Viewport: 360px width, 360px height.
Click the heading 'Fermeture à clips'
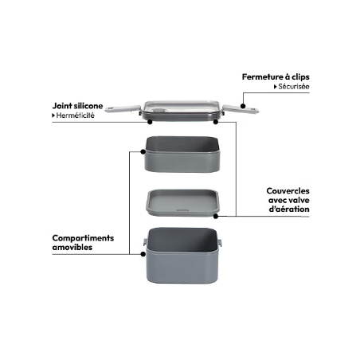click(x=276, y=77)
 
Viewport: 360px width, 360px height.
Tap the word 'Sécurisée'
click(x=294, y=87)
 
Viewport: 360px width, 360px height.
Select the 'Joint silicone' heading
click(x=77, y=106)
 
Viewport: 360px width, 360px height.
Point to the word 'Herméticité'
click(x=76, y=115)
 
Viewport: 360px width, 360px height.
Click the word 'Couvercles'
click(x=288, y=191)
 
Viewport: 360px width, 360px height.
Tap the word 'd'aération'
click(x=289, y=209)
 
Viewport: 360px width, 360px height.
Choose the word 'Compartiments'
click(x=83, y=238)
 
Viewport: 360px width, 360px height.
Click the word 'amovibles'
click(x=72, y=247)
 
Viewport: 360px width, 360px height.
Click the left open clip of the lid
click(x=123, y=108)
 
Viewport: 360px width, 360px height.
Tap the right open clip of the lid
click(x=241, y=109)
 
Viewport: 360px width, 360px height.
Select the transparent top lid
click(x=182, y=111)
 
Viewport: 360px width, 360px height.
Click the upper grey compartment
click(x=182, y=155)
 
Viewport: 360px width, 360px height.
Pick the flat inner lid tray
click(x=183, y=202)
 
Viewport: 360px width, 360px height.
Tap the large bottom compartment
click(x=182, y=255)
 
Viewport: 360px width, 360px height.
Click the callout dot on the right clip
click(x=243, y=106)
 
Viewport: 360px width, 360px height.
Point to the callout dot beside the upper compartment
click(x=143, y=151)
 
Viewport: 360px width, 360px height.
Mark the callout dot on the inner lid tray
click(x=216, y=217)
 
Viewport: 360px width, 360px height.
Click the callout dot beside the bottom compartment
click(x=143, y=254)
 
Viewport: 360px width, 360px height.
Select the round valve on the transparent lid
click(x=159, y=111)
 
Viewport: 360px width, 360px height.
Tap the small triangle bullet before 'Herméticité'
click(x=53, y=115)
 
